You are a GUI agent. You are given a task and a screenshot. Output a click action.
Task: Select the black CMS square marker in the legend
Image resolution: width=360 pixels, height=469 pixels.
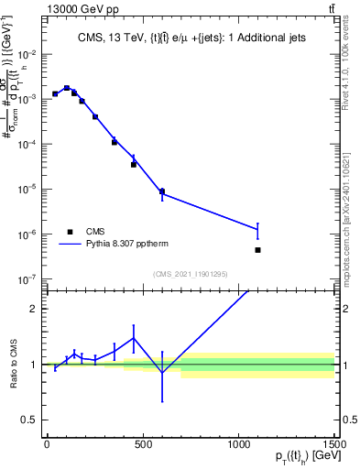pyautogui.click(x=69, y=232)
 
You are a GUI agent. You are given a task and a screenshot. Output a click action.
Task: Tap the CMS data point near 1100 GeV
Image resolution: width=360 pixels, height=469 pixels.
pyautogui.click(x=258, y=250)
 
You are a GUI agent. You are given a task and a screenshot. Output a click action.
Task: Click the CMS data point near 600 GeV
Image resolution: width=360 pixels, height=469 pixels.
pyautogui.click(x=162, y=191)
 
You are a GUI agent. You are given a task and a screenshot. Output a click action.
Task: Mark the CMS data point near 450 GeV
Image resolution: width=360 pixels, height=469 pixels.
pyautogui.click(x=133, y=165)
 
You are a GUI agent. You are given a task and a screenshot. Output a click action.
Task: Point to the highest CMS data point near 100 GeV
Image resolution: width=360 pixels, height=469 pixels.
pyautogui.click(x=66, y=88)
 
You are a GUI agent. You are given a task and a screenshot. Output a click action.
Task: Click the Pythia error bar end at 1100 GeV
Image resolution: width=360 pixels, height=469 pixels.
pyautogui.click(x=258, y=223)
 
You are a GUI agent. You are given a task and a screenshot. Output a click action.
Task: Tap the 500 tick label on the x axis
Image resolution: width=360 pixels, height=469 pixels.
pyautogui.click(x=143, y=444)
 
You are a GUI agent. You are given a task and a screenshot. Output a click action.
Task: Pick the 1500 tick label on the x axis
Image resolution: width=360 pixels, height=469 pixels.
pyautogui.click(x=335, y=444)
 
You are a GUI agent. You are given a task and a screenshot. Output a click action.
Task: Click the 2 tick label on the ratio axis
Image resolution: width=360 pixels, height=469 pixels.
pyautogui.click(x=35, y=309)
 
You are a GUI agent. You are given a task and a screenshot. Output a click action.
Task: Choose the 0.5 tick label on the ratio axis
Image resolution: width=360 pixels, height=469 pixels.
pyautogui.click(x=32, y=420)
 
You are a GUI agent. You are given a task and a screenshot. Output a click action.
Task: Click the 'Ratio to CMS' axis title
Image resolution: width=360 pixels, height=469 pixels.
pyautogui.click(x=14, y=364)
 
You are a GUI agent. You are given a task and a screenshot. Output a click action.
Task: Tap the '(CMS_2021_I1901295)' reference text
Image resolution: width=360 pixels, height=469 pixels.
pyautogui.click(x=190, y=274)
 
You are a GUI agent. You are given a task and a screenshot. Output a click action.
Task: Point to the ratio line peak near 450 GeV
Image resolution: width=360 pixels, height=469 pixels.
pyautogui.click(x=134, y=338)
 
